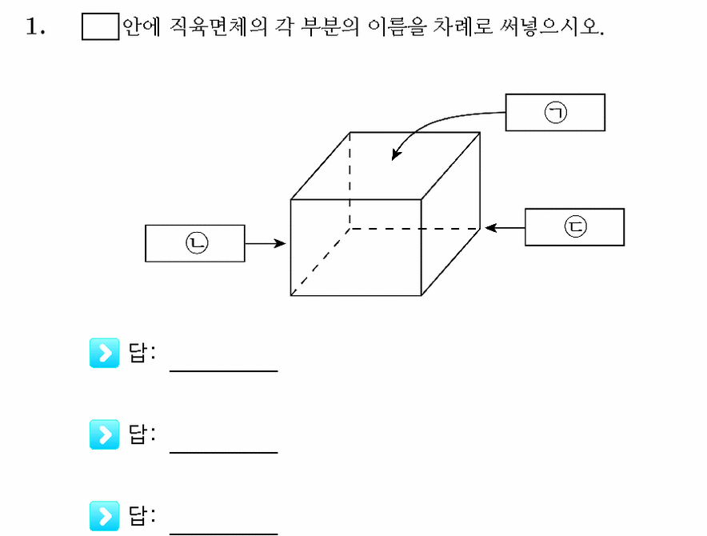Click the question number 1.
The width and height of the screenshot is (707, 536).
point(35,26)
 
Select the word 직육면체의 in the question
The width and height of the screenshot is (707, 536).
point(218,26)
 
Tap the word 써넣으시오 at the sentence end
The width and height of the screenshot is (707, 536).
point(551,26)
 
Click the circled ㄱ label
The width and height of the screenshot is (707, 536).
point(556,112)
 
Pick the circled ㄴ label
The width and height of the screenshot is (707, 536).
point(197,242)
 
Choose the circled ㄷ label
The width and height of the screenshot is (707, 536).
point(576,226)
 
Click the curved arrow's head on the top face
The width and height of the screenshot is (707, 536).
point(395,154)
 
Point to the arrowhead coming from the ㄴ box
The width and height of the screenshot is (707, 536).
point(280,244)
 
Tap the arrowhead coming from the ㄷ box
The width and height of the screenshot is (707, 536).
point(490,228)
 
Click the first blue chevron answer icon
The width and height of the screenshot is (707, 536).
point(105,353)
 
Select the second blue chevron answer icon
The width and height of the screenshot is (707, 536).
point(105,434)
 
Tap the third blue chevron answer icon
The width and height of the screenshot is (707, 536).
point(105,516)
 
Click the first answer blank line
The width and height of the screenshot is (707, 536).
point(224,371)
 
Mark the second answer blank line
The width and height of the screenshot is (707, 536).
point(224,452)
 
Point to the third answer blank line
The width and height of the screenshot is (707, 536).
point(224,534)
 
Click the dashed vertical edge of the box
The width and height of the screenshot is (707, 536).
point(350,181)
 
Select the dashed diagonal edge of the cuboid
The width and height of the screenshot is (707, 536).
point(320,262)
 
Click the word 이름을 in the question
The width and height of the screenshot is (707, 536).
point(397,26)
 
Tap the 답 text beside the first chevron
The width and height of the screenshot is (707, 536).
point(138,352)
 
